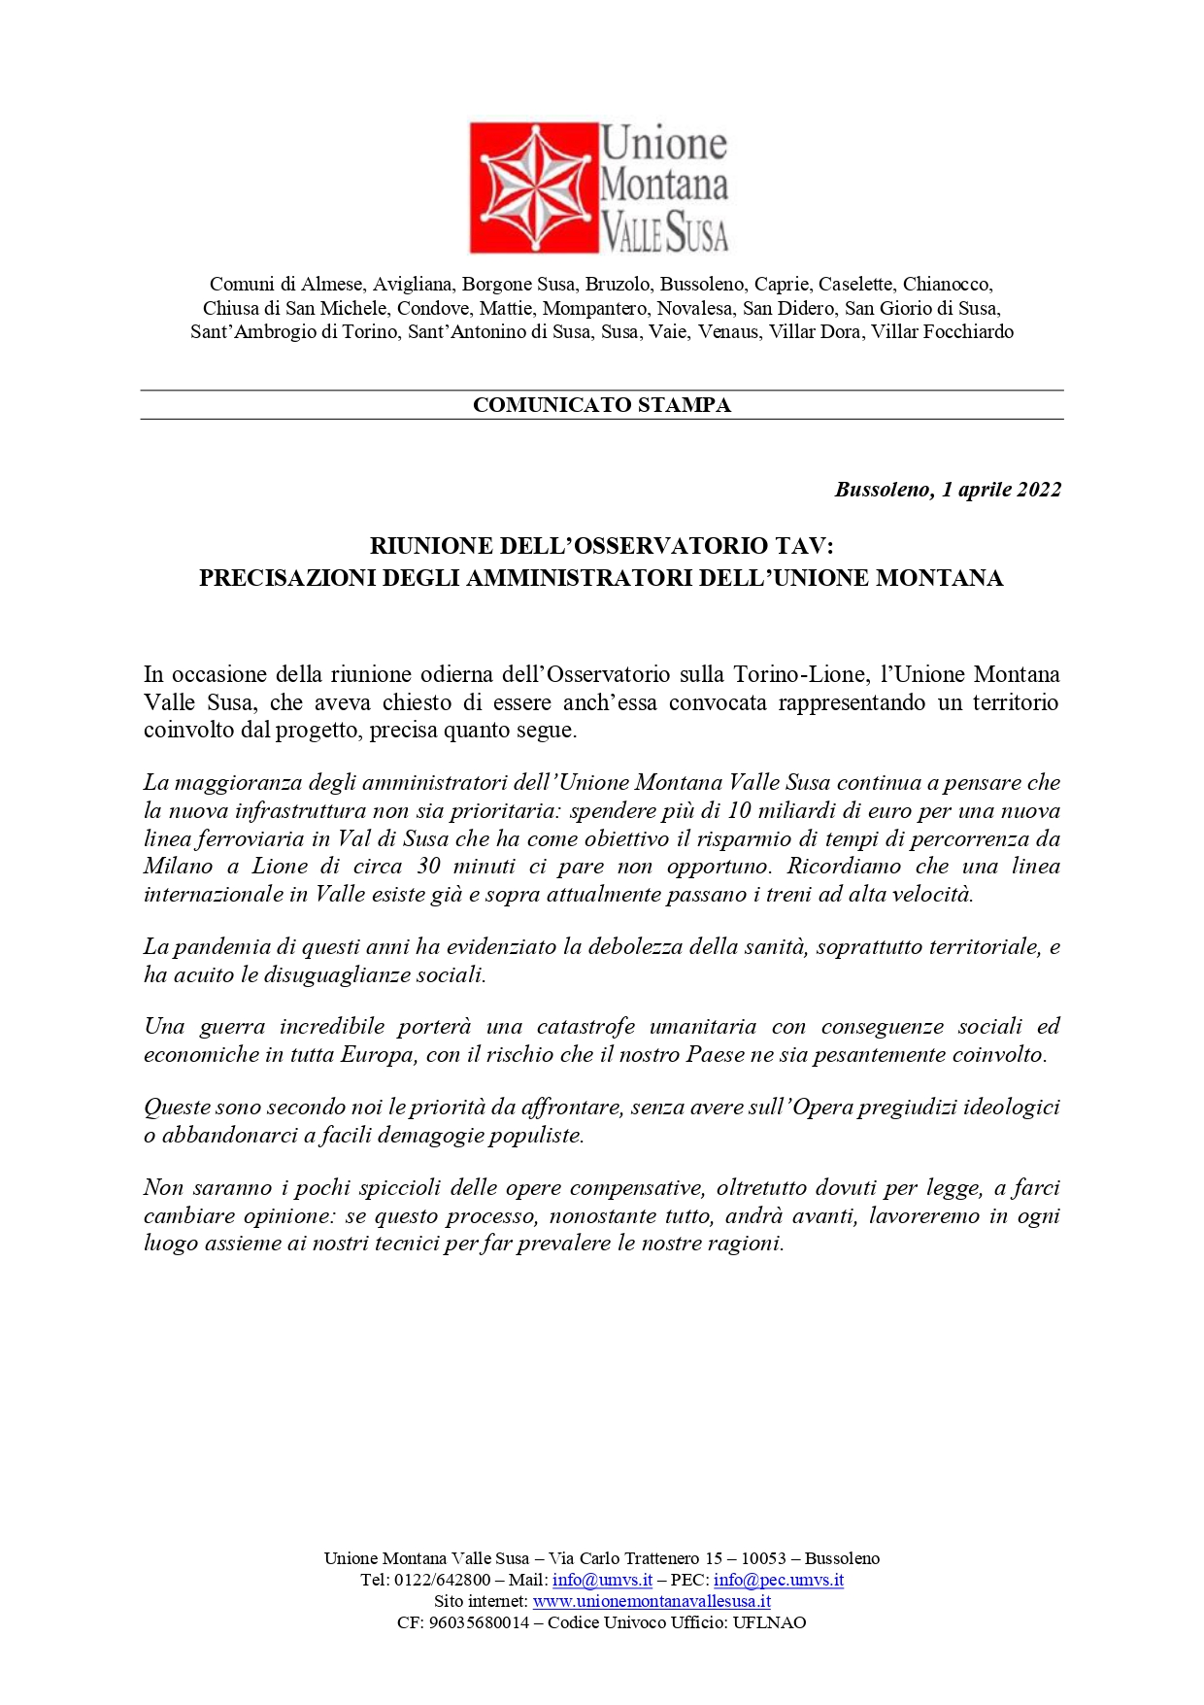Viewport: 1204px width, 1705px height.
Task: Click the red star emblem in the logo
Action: click(533, 188)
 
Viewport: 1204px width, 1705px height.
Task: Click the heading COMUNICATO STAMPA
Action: click(601, 405)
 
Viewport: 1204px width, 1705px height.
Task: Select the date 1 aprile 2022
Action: click(1000, 490)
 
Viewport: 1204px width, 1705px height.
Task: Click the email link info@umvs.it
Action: click(602, 1580)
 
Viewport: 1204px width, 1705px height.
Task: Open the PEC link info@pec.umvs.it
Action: click(778, 1580)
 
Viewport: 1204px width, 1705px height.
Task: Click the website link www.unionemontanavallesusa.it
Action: click(652, 1601)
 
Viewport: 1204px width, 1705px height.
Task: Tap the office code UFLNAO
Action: click(769, 1622)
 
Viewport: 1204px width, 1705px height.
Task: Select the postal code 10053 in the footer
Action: click(763, 1558)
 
